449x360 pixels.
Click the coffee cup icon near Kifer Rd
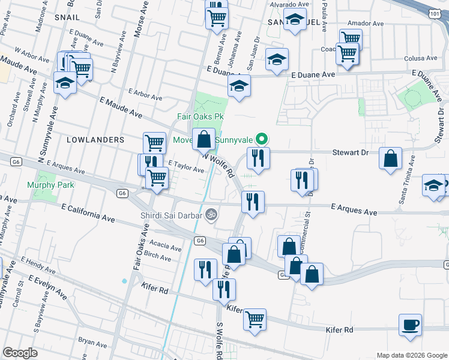pyautogui.click(x=411, y=325)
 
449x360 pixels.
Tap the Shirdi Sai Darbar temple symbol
pyautogui.click(x=211, y=213)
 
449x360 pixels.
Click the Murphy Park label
pyautogui.click(x=50, y=185)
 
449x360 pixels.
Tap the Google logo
pyautogui.click(x=20, y=353)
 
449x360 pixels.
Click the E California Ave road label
pyautogui.click(x=88, y=211)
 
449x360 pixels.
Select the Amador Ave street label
pyautogui.click(x=369, y=23)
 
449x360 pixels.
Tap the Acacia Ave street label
pyautogui.click(x=166, y=246)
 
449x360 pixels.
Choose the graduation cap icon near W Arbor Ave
pyautogui.click(x=65, y=83)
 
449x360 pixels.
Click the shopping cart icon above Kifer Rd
pyautogui.click(x=255, y=319)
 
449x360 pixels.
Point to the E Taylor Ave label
pyautogui.click(x=186, y=167)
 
